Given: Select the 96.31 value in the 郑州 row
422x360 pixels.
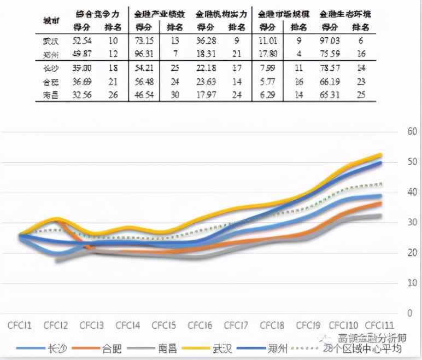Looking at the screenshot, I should (143, 54).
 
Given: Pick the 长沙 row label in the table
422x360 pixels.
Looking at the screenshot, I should (51, 68).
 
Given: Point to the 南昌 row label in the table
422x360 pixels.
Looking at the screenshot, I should (51, 95).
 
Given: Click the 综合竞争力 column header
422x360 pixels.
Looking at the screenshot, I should (96, 12).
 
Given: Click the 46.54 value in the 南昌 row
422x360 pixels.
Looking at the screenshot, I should (143, 95).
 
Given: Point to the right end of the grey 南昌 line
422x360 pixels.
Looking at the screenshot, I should (380, 216).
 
